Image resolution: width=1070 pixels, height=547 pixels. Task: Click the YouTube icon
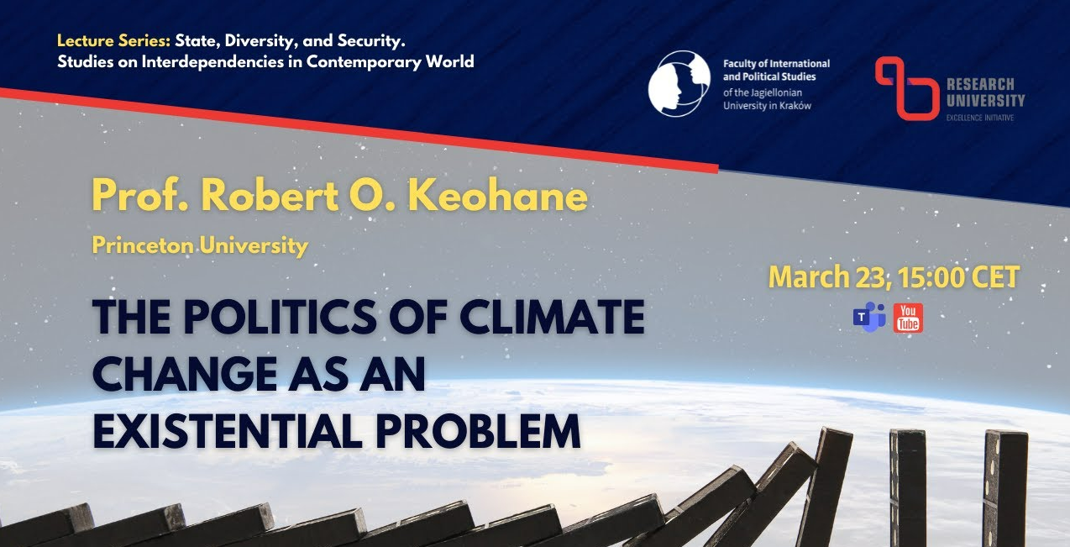[x=908, y=318]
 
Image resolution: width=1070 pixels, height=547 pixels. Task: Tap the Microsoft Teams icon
[x=869, y=318]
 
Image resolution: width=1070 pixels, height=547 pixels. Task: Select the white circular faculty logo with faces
[x=679, y=83]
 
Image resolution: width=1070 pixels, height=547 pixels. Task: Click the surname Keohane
[x=498, y=196]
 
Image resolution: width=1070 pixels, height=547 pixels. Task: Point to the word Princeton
[x=143, y=245]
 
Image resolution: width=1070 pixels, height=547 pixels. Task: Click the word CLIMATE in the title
[x=552, y=317]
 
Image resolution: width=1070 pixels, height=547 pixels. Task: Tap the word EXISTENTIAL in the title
[x=228, y=430]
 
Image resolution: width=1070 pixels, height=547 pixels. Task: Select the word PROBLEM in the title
[x=478, y=430]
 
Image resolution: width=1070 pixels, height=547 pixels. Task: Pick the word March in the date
[x=809, y=277]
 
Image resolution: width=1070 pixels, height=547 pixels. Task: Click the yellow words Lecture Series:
[x=113, y=41]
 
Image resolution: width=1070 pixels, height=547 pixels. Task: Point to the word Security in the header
[x=371, y=41]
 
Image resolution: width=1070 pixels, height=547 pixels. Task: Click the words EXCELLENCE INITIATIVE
[x=980, y=118]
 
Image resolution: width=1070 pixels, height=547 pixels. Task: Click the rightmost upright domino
[x=1004, y=488]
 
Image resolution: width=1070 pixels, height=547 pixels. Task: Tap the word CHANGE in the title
[x=185, y=374]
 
